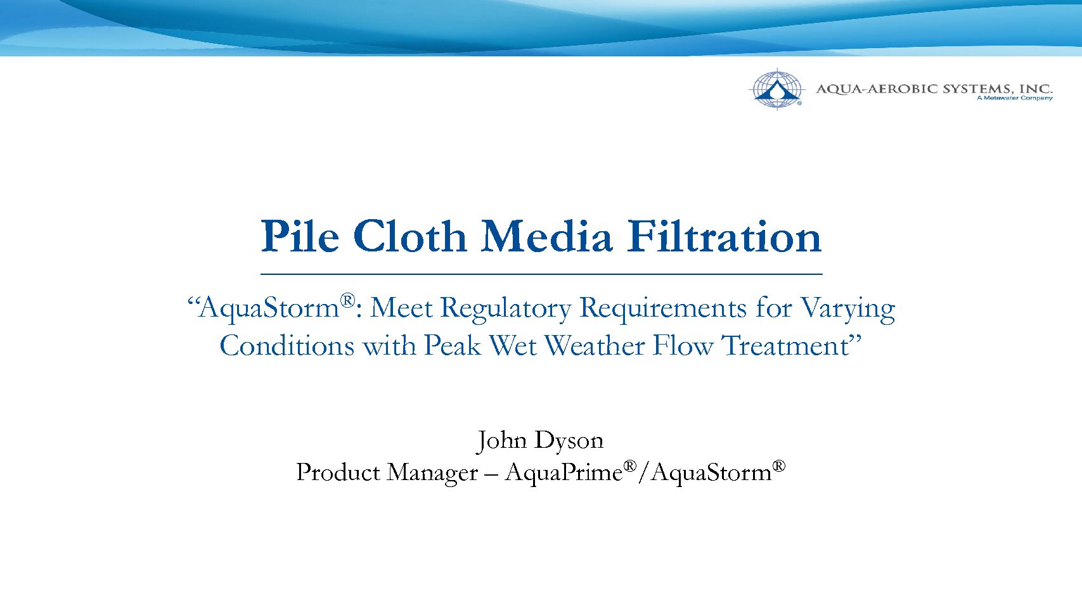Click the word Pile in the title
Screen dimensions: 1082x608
299,236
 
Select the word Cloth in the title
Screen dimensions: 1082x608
410,236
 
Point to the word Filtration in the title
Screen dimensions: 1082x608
725,236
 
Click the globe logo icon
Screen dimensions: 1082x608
776,89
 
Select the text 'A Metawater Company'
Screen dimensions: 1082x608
1014,98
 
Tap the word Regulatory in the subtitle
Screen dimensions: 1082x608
506,308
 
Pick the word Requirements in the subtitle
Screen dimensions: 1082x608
663,308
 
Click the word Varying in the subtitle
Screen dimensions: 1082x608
848,308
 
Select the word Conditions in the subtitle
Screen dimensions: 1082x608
287,346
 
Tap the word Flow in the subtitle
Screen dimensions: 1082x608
683,346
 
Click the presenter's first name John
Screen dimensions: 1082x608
500,441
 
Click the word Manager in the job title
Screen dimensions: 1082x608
432,472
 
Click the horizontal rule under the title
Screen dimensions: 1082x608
541,274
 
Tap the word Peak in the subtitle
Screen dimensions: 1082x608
453,346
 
